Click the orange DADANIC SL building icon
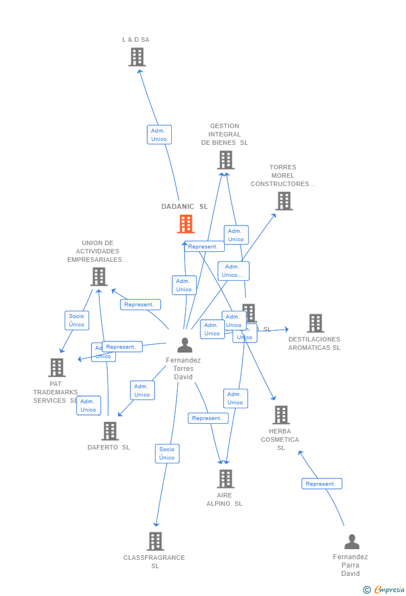pos(186,224)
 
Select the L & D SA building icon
pos(137,57)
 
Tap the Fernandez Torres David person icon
pos(185,345)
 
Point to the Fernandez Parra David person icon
pos(351,541)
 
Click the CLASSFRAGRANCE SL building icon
pos(155,541)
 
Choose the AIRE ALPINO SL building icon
pos(225,478)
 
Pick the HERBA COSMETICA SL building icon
pos(281,415)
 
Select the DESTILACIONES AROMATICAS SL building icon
pos(315,323)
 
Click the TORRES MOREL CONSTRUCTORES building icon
pos(284,201)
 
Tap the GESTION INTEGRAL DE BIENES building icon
pos(225,160)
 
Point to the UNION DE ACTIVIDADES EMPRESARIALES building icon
pos(99,277)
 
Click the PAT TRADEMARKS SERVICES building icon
pos(56,368)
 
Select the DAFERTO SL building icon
pos(110,431)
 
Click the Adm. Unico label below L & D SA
pos(159,135)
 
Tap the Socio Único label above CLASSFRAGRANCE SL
pos(167,453)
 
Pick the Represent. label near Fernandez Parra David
pos(321,484)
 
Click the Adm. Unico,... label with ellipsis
pos(233,271)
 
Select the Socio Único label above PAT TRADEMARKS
pos(76,320)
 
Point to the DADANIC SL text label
pos(184,207)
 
